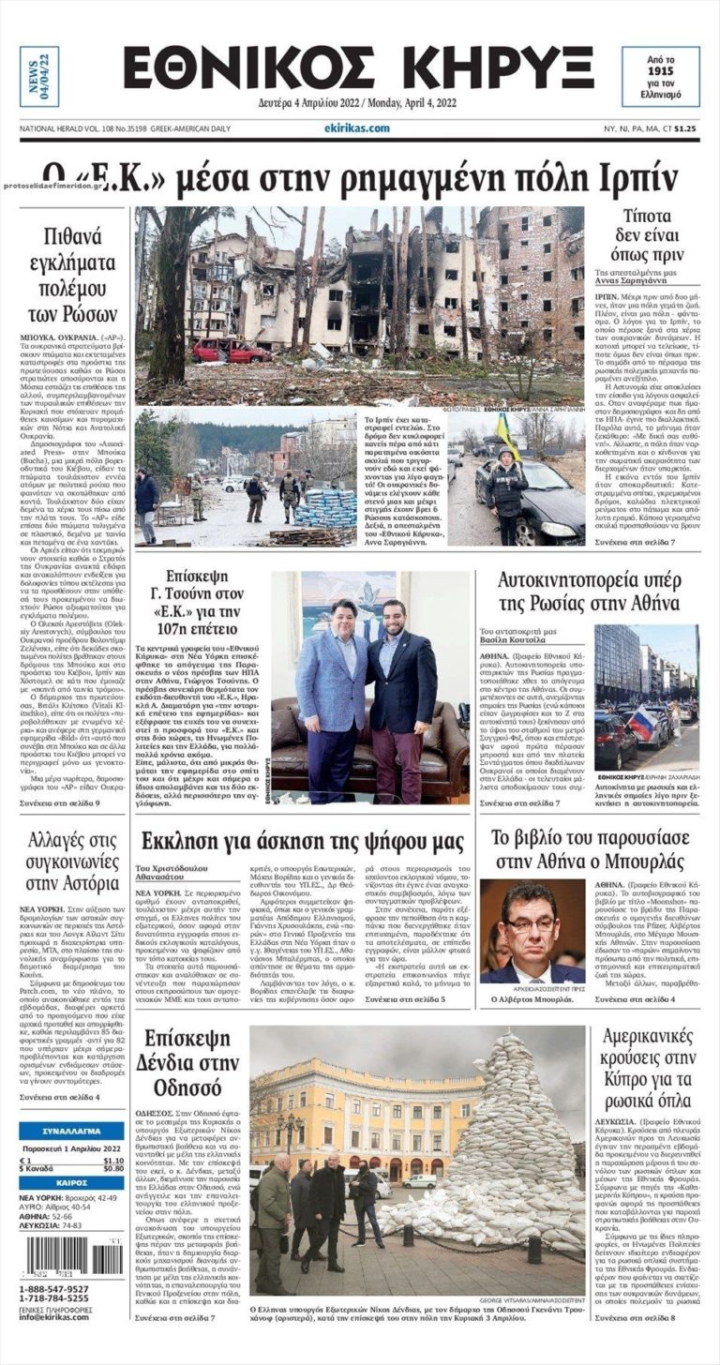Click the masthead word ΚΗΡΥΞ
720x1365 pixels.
(x=491, y=68)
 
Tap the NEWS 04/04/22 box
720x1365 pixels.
(x=39, y=76)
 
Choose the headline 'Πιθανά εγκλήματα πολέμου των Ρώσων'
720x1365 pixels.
(x=71, y=272)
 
